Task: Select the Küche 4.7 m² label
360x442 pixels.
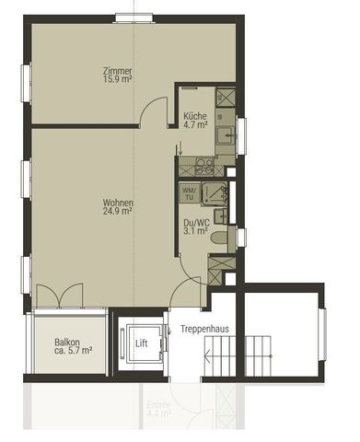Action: pos(194,121)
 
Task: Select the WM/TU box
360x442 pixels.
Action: pos(189,194)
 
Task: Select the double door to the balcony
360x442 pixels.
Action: pos(59,296)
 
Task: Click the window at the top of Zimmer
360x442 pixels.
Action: pos(134,17)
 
